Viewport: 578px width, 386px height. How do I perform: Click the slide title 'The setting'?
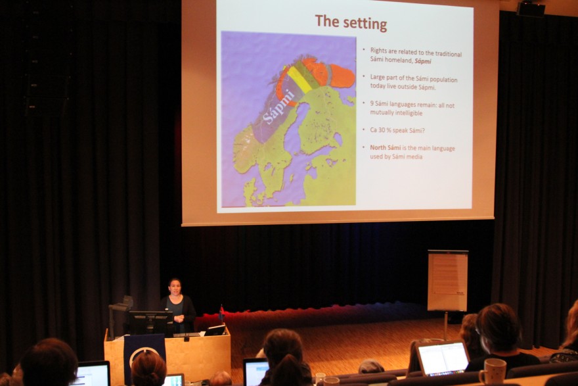[351, 22]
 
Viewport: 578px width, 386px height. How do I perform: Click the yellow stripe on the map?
[300, 79]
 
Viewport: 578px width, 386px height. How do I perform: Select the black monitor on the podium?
[149, 322]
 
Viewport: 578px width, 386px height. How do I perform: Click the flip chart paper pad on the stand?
[447, 280]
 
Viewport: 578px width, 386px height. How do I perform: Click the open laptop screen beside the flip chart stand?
[443, 358]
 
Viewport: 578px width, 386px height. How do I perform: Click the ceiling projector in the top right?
[531, 9]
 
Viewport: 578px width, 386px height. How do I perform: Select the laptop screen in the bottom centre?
[256, 372]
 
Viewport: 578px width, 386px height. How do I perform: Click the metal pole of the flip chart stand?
[446, 326]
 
